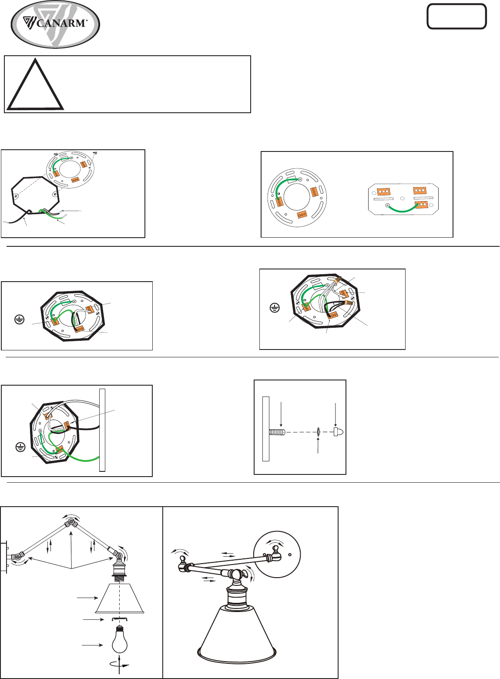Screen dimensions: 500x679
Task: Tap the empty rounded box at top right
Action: pos(456,17)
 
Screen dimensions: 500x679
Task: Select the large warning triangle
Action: pos(35,84)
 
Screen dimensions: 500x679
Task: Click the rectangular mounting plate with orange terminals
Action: pos(403,199)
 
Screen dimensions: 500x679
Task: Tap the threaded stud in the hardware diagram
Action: pos(277,432)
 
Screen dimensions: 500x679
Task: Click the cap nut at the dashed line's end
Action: pos(338,432)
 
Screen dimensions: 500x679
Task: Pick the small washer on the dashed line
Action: pos(318,432)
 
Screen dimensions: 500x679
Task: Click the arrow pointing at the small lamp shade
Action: pos(87,598)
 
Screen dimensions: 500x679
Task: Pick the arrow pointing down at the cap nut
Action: pos(336,415)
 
